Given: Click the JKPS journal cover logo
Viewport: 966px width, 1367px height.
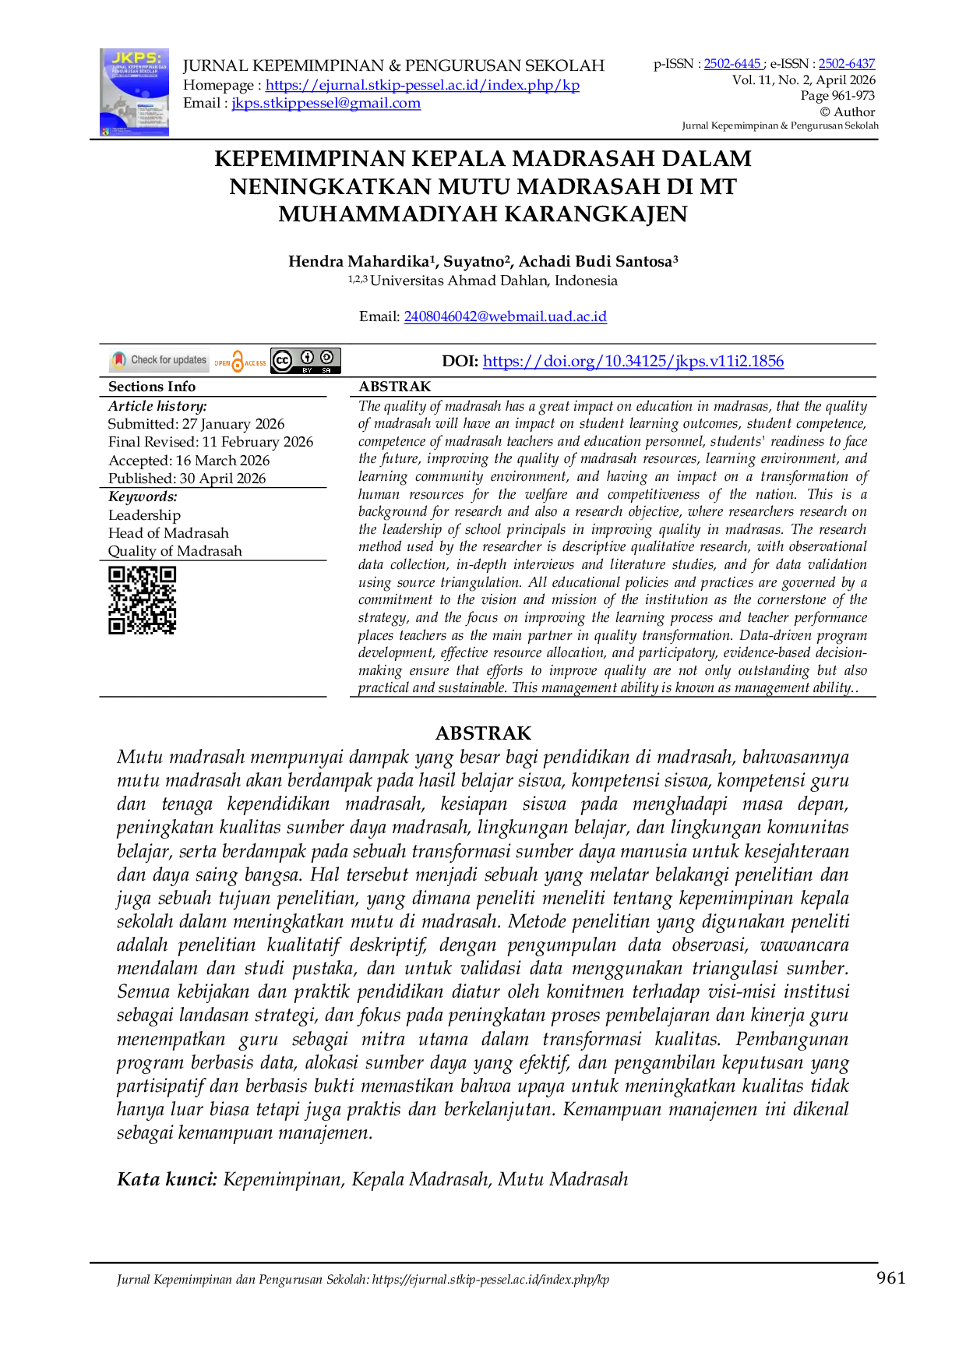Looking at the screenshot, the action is [134, 92].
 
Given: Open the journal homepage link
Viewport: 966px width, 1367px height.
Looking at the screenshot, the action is [422, 85].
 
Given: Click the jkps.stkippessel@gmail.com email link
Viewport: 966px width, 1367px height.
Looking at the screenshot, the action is [326, 103].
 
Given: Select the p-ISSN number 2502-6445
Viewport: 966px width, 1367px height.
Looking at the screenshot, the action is [732, 64].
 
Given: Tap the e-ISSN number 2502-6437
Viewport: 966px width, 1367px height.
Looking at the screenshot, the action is [847, 64].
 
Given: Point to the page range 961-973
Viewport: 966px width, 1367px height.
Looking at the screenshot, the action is [853, 96].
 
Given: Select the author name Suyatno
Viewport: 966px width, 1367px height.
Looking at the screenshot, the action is [474, 261].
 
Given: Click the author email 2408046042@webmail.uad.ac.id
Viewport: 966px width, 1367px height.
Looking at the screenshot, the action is [505, 316].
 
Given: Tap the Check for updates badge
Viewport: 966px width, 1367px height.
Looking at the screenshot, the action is [159, 360].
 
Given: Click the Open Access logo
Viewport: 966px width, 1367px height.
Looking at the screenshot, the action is [240, 361].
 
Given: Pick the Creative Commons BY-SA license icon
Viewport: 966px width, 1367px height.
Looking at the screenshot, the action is [305, 361].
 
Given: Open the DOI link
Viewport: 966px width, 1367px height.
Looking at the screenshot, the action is [633, 361].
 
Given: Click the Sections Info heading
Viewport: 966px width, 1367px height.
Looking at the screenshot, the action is [152, 387].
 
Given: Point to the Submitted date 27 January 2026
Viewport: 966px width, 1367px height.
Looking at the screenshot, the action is [233, 424].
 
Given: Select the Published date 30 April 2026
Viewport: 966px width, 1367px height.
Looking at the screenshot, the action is [223, 479].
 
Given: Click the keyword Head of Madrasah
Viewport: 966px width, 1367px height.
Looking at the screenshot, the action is [168, 533].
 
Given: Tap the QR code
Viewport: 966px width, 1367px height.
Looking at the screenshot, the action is [143, 600].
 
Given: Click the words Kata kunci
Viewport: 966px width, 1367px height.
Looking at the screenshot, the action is [167, 1179].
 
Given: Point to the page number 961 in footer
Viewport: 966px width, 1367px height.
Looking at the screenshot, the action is [891, 1277].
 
